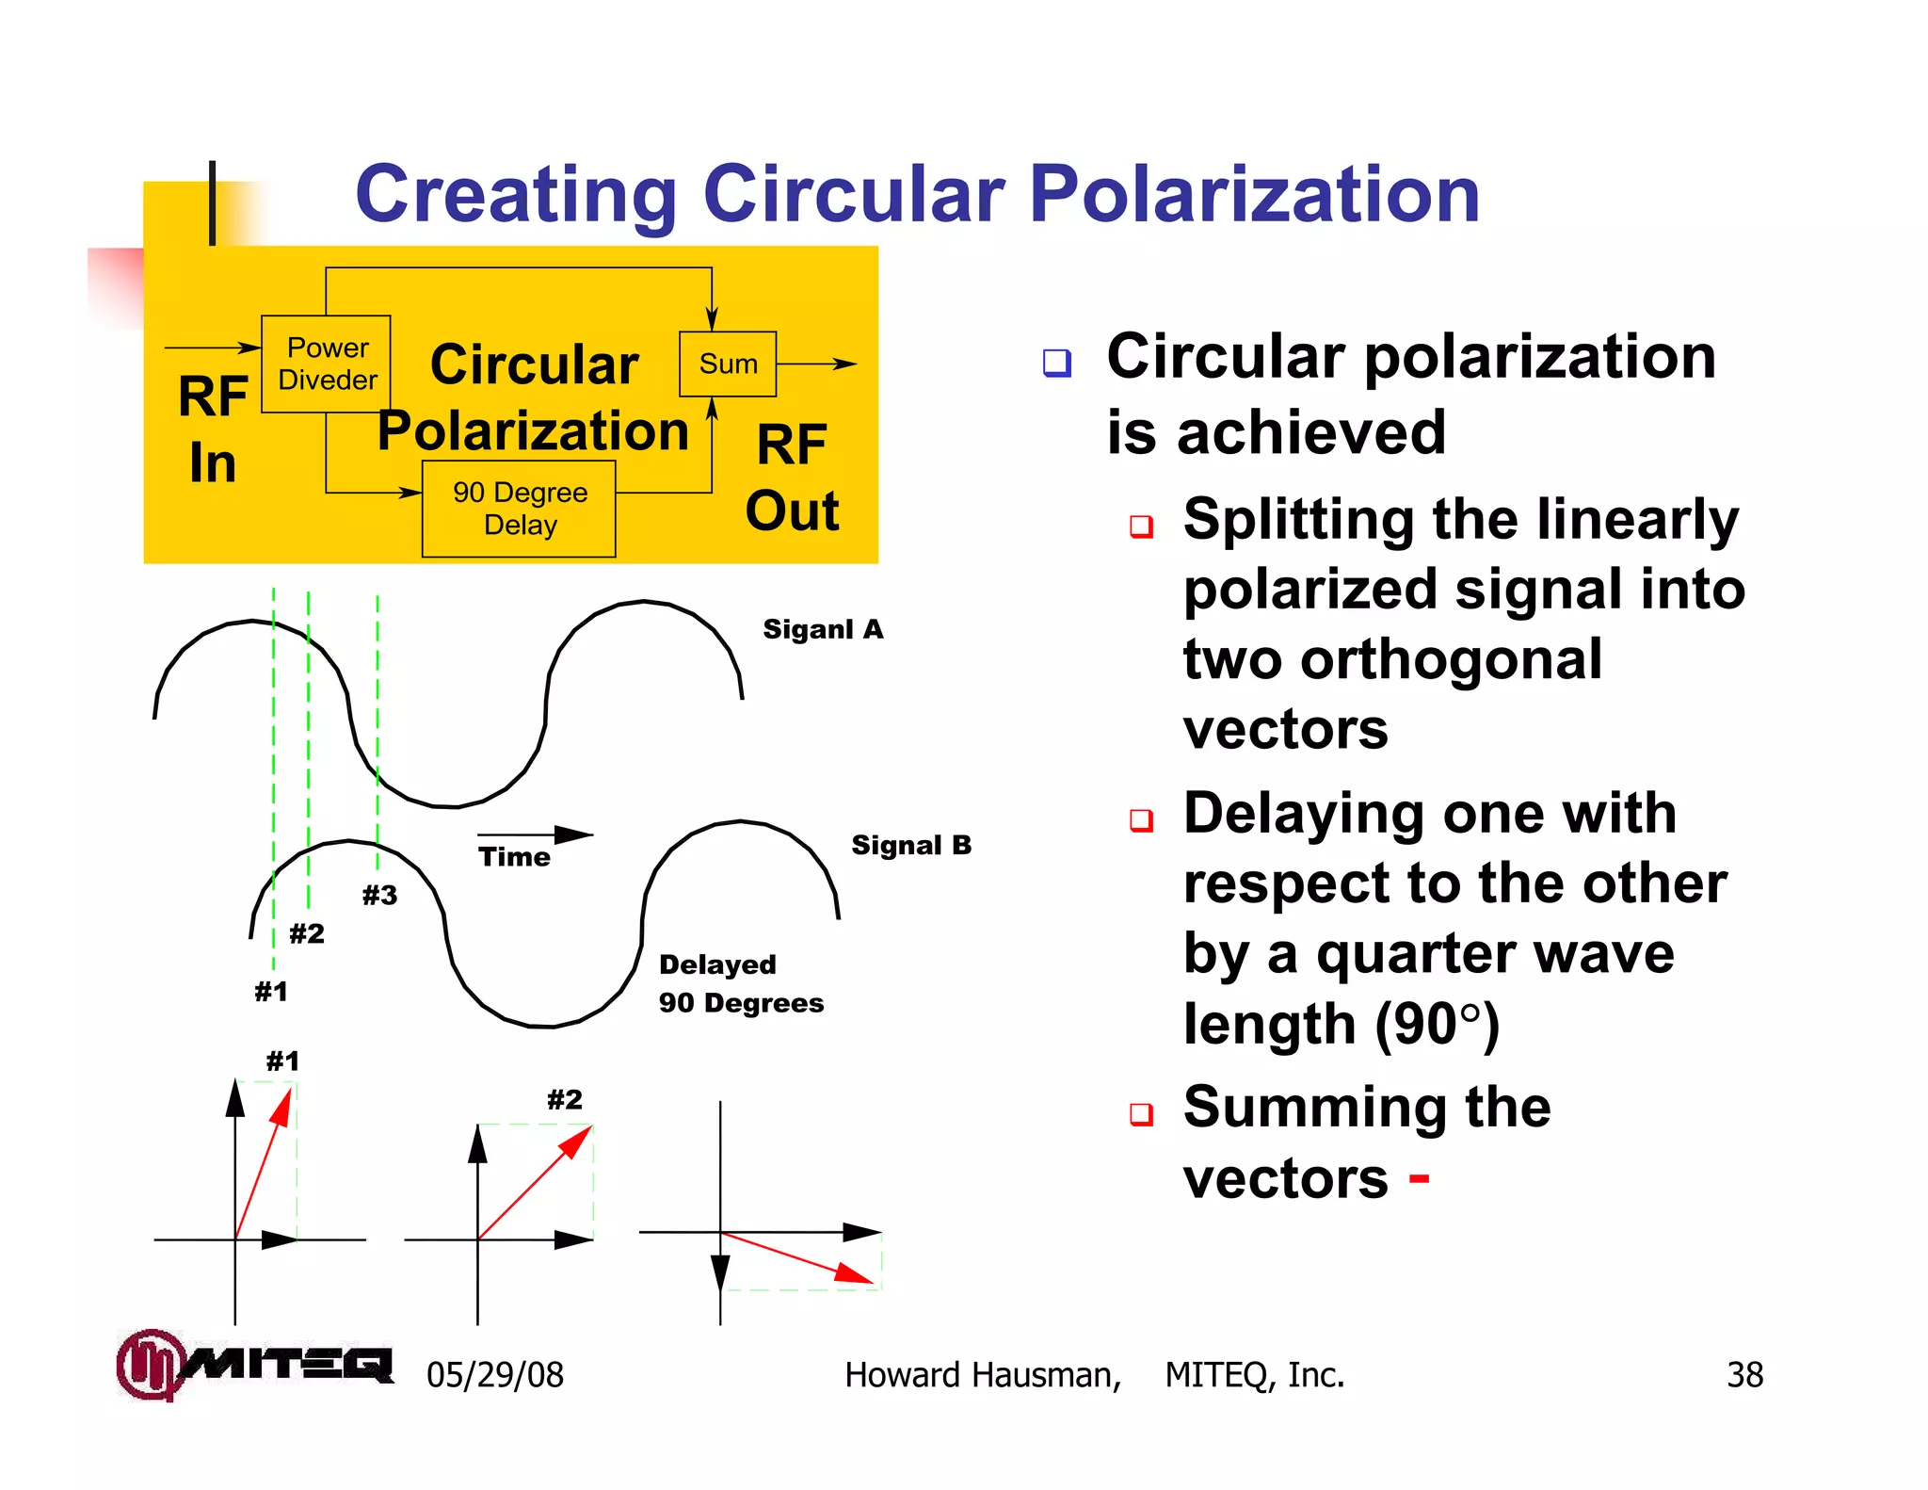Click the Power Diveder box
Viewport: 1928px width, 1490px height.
[x=326, y=364]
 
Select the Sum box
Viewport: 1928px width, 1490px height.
[x=728, y=364]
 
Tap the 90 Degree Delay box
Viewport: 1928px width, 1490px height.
[x=519, y=509]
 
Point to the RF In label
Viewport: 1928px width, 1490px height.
[x=213, y=429]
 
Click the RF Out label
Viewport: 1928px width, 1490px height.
[x=792, y=478]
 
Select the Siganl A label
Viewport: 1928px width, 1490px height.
[x=823, y=629]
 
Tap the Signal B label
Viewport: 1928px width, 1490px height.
[x=910, y=845]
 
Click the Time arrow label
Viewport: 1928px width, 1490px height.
[x=514, y=856]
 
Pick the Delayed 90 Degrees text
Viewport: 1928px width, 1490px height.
[x=740, y=983]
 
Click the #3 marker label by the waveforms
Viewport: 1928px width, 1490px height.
[x=379, y=895]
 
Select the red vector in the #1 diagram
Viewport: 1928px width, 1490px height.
[x=263, y=1164]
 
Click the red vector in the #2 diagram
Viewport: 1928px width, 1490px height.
[x=535, y=1183]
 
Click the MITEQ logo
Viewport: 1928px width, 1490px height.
[x=254, y=1364]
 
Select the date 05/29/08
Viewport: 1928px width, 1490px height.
[x=494, y=1375]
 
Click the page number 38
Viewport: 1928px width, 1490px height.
[x=1744, y=1375]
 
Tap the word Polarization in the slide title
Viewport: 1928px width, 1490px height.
[x=1255, y=194]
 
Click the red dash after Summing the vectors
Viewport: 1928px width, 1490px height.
[x=1419, y=1178]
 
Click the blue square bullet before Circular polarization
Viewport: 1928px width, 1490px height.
[x=1056, y=363]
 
